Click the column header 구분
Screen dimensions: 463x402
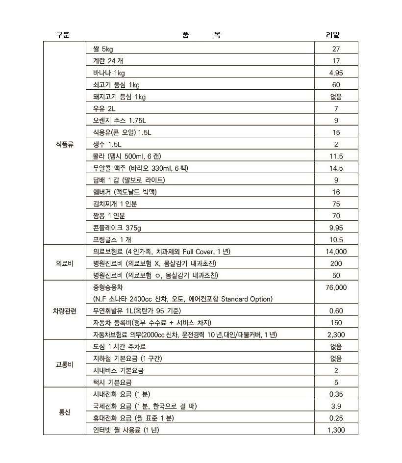tap(63, 35)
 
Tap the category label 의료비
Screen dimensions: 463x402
tap(64, 263)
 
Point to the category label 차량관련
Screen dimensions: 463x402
tap(64, 311)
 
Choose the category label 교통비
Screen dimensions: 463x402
tap(64, 365)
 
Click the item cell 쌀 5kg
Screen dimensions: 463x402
tap(103, 49)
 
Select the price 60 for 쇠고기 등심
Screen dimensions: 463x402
tap(336, 85)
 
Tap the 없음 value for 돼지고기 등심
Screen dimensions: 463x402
tap(336, 97)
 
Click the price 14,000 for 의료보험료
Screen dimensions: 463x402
tap(336, 252)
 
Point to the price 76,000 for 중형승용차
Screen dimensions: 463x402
tap(336, 287)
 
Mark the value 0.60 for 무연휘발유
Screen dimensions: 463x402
tap(336, 311)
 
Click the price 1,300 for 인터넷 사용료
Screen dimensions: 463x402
tap(336, 430)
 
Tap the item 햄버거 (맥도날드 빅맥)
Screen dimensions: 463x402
tap(125, 192)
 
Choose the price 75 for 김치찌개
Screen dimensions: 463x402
tap(336, 204)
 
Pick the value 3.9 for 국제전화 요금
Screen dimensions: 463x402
tap(336, 407)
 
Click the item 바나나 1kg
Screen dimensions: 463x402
tap(109, 73)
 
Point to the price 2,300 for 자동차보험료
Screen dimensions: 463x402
tap(336, 335)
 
